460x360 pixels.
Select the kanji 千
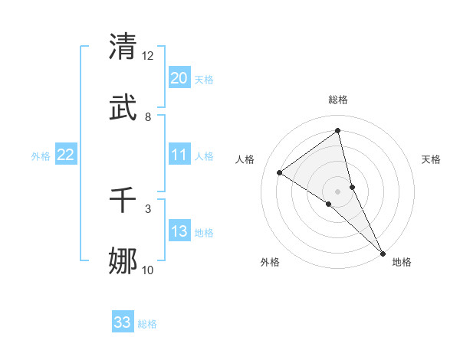pyautogui.click(x=123, y=201)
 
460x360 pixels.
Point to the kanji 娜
pyautogui.click(x=123, y=261)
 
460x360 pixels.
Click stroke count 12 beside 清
pyautogui.click(x=148, y=56)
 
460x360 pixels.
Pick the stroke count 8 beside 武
pyautogui.click(x=148, y=117)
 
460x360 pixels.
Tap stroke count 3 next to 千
pyautogui.click(x=148, y=208)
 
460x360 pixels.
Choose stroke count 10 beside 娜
pyautogui.click(x=148, y=270)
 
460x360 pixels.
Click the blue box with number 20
pyautogui.click(x=179, y=78)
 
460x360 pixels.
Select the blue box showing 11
pyautogui.click(x=179, y=155)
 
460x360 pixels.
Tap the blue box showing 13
pyautogui.click(x=179, y=231)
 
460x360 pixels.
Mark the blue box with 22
pyautogui.click(x=65, y=155)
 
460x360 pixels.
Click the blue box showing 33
pyautogui.click(x=123, y=322)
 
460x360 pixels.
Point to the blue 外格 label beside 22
pyautogui.click(x=41, y=156)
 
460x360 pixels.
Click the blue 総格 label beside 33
pyautogui.click(x=147, y=324)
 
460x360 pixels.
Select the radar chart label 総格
pyautogui.click(x=338, y=100)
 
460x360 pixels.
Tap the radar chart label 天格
pyautogui.click(x=431, y=159)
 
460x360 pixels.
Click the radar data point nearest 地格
pyautogui.click(x=383, y=251)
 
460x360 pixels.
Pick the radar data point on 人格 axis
pyautogui.click(x=280, y=172)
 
